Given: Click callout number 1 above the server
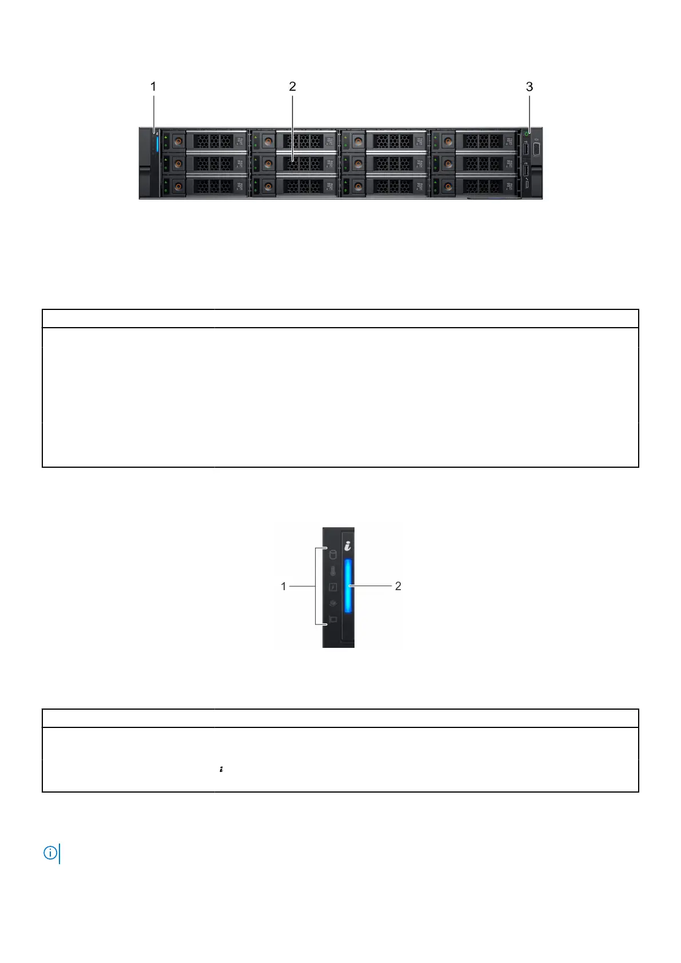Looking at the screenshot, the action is (153, 86).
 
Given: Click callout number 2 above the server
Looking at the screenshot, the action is (292, 86).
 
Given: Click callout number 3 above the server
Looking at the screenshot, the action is (529, 86).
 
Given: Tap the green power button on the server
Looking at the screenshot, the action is (527, 134).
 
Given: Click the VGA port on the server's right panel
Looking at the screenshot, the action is (536, 150).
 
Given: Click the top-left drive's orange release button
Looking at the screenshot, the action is (178, 141).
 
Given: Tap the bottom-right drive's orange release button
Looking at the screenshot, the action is (448, 186).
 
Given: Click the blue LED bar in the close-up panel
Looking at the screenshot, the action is (348, 586).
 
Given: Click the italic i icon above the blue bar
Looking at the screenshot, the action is (348, 547).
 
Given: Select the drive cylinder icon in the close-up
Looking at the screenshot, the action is (333, 554).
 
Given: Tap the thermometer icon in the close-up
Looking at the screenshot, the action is (333, 571).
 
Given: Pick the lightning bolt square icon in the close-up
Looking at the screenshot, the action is (333, 587).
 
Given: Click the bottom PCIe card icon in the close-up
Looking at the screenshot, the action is (333, 619).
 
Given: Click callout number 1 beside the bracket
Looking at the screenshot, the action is (284, 586).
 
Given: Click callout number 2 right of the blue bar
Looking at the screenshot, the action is (398, 586).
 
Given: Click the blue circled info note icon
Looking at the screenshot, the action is (50, 853).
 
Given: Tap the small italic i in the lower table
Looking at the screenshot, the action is (221, 770).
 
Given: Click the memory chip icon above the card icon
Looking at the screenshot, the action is (333, 603).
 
